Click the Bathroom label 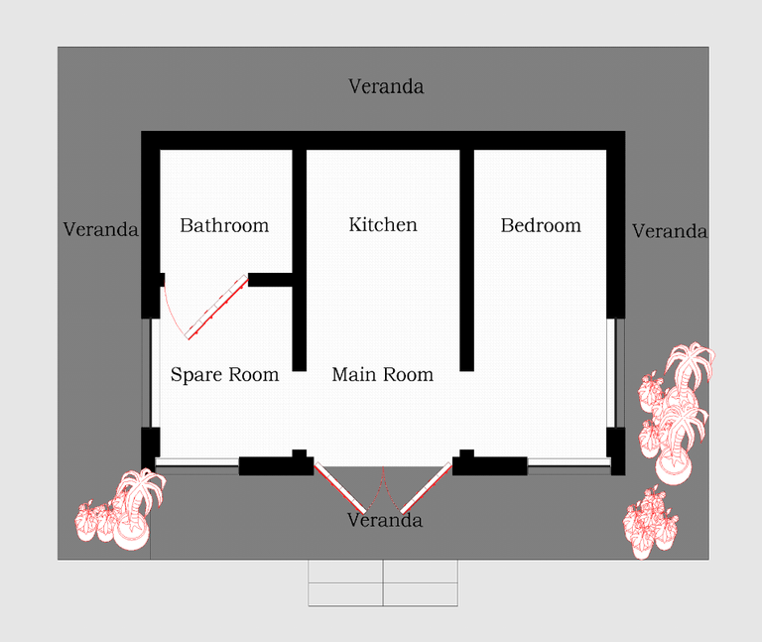tap(224, 225)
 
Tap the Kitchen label tap(383, 224)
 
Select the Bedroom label tap(541, 225)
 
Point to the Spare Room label tap(224, 375)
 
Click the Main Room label tap(382, 374)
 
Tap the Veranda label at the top tap(386, 86)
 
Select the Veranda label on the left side tap(100, 229)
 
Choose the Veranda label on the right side tap(669, 231)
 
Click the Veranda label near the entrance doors tap(384, 520)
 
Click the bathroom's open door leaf tap(216, 307)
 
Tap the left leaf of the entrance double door tap(339, 487)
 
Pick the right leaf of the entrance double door tap(426, 487)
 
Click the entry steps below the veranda tap(383, 582)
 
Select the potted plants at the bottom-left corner tap(120, 509)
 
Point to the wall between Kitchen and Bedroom tap(467, 260)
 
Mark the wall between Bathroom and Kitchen tap(300, 260)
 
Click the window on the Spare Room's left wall tap(151, 373)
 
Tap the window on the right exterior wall tap(615, 373)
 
